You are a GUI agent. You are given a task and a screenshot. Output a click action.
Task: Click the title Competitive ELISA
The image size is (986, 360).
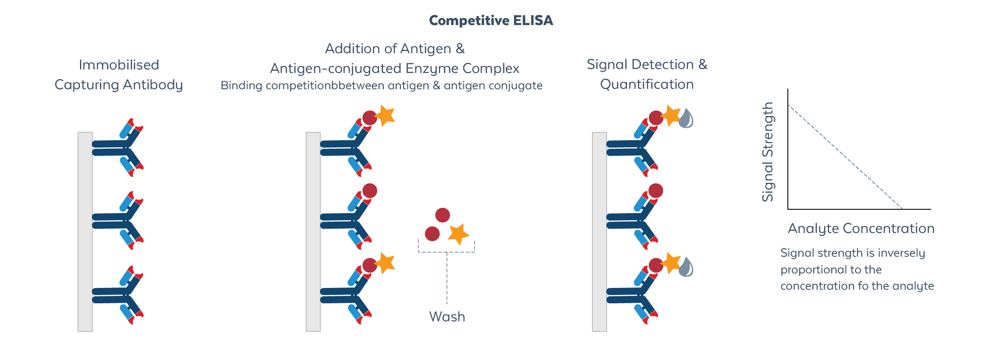tap(491, 20)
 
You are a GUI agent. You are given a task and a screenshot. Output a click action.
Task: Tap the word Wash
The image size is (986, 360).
tap(447, 316)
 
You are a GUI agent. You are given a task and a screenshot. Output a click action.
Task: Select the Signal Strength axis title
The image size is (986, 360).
tap(768, 152)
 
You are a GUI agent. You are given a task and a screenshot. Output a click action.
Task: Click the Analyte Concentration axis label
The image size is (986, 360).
tap(861, 229)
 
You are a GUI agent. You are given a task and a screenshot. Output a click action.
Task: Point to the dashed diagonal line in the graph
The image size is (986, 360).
tap(844, 156)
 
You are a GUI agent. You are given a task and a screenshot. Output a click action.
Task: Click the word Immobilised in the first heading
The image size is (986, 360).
tap(119, 65)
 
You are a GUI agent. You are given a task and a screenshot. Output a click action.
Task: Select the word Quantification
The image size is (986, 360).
tap(647, 84)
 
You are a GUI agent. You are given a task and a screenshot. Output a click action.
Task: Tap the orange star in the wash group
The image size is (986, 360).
tap(458, 234)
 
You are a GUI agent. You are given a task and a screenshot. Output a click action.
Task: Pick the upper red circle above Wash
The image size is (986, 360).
tap(442, 215)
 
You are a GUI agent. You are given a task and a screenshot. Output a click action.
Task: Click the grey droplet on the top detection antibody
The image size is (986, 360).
tap(686, 119)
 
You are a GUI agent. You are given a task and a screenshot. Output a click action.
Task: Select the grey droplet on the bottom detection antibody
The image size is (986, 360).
tap(686, 267)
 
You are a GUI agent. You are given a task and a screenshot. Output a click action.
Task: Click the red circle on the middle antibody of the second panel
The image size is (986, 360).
tap(370, 191)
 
